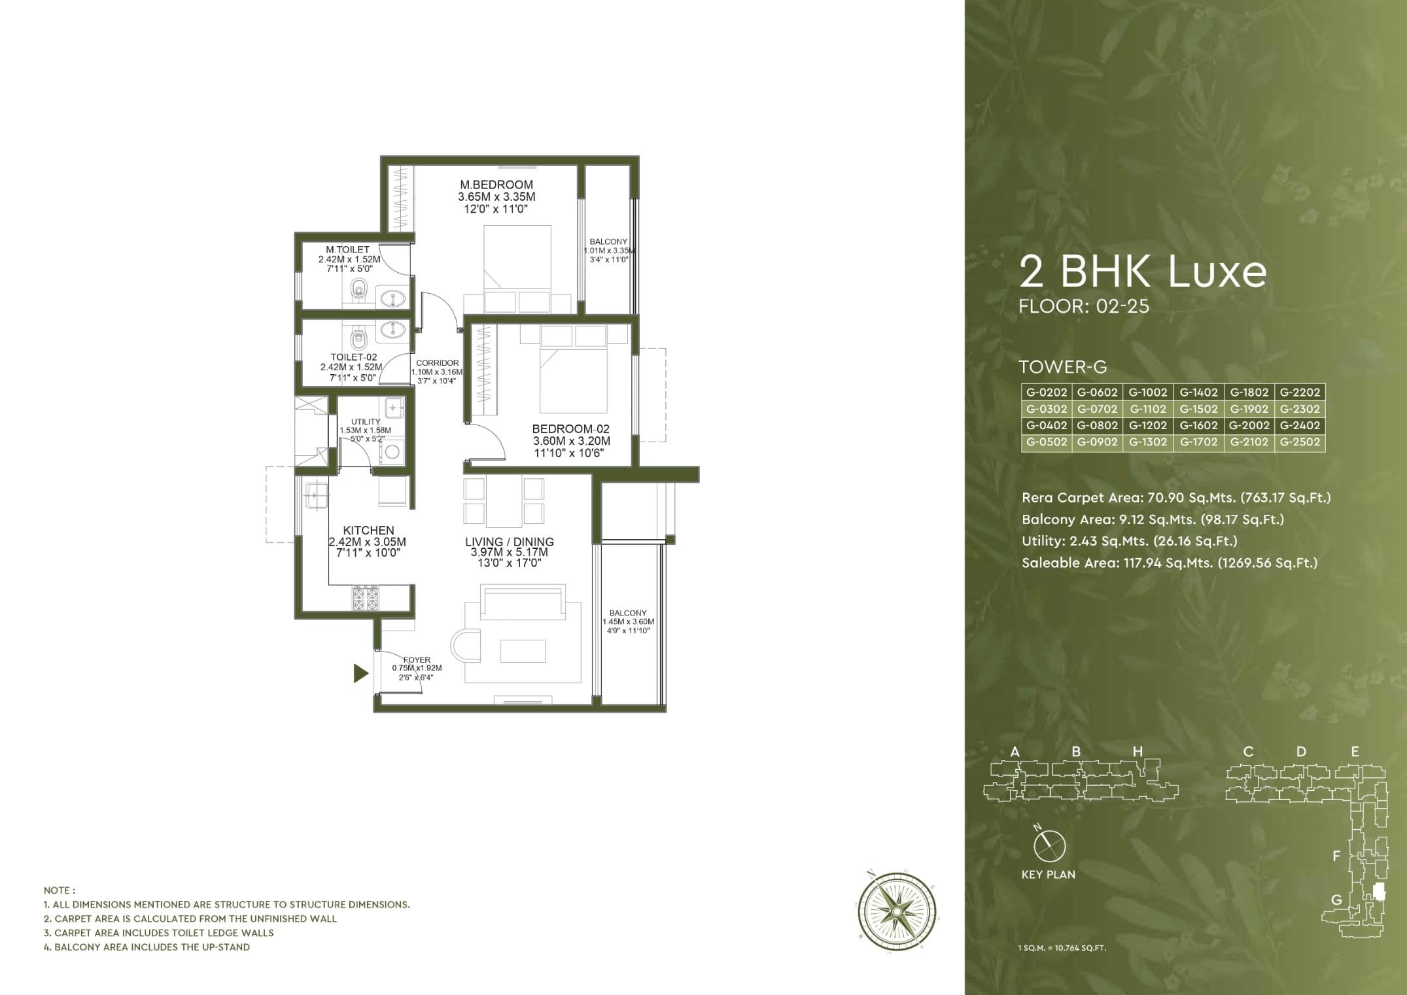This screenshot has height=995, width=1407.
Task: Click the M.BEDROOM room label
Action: click(x=496, y=185)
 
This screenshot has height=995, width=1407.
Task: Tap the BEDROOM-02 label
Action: click(x=570, y=429)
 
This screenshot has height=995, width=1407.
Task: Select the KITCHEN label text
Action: click(x=368, y=531)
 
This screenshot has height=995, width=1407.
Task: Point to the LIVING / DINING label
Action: click(x=509, y=542)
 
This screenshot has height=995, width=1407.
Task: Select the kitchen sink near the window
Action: click(x=315, y=497)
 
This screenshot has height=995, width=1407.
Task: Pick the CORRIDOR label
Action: click(x=437, y=363)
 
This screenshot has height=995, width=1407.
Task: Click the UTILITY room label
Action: click(x=366, y=422)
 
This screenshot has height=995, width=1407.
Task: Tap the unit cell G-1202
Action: click(x=1148, y=425)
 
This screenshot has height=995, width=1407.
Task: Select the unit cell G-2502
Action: click(x=1300, y=442)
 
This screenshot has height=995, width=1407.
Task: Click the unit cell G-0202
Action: click(x=1046, y=393)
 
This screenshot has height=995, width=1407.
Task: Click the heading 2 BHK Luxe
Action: click(x=1143, y=272)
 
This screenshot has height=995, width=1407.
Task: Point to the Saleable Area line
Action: click(x=1169, y=563)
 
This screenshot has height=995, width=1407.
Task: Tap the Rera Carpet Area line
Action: click(x=1175, y=498)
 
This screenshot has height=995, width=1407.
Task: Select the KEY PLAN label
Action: click(x=1048, y=875)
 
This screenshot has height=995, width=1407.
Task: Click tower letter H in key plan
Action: click(x=1138, y=752)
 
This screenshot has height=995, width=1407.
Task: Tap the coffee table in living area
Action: click(x=523, y=651)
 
